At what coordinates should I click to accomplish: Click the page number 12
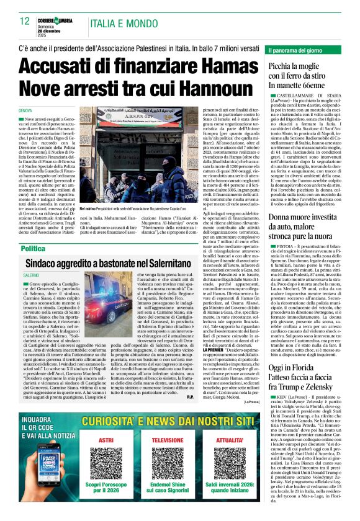[x=25, y=21]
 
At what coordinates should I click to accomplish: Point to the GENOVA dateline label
[x=26, y=110]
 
